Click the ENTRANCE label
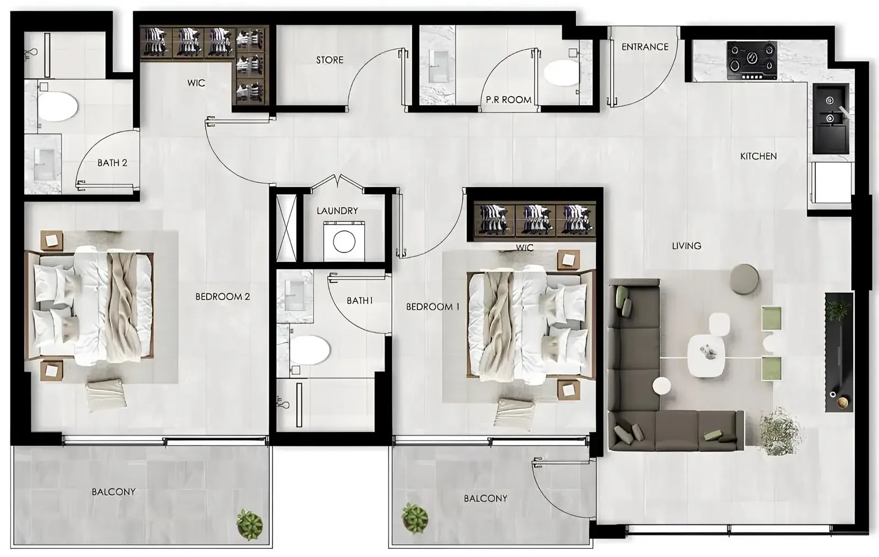tap(645, 47)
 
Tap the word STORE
tap(330, 60)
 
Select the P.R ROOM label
tap(509, 100)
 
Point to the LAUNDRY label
tap(337, 211)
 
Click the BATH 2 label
tap(112, 163)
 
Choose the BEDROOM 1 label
tap(432, 307)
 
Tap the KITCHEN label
tap(758, 156)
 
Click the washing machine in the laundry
tap(344, 241)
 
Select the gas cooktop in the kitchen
tap(752, 60)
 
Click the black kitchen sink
tap(831, 118)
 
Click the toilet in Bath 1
tap(310, 350)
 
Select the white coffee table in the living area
tap(706, 356)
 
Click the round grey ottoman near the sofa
tap(744, 279)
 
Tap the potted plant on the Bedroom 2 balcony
tap(249, 525)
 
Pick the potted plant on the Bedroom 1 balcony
tap(415, 518)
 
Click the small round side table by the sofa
tap(662, 386)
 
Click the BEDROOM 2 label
tap(222, 297)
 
